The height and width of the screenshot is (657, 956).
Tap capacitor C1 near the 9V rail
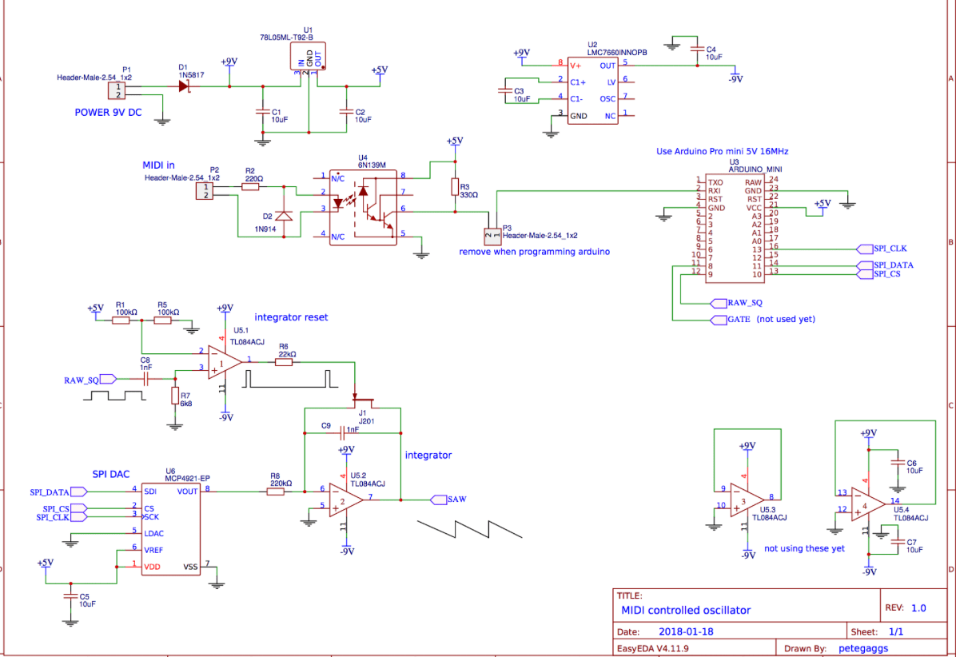click(261, 110)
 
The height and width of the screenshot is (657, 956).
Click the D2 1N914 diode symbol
click(284, 216)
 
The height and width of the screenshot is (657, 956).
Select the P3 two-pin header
click(491, 237)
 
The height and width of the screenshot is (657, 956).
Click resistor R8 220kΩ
click(275, 491)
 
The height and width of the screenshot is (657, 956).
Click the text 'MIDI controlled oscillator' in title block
click(686, 610)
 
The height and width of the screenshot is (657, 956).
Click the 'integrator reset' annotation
click(291, 317)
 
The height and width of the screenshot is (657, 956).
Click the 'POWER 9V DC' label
click(108, 113)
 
